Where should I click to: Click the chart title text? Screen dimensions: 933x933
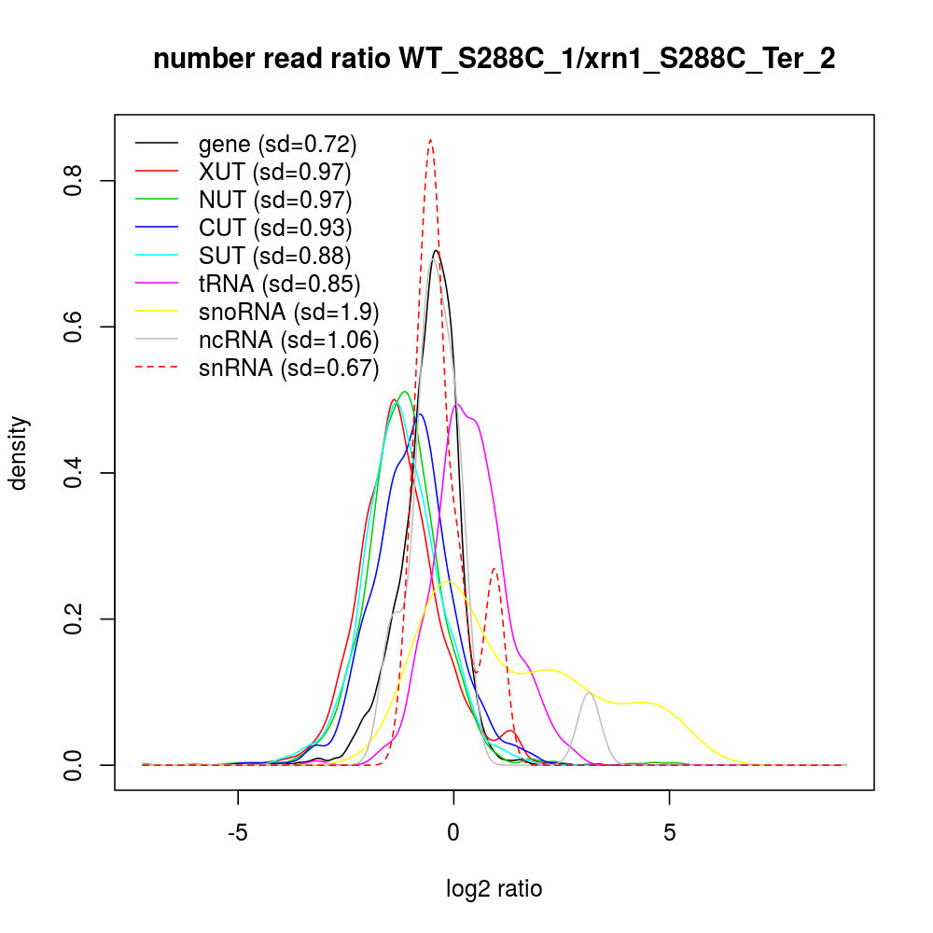tap(494, 59)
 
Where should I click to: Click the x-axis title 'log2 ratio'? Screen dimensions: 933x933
tap(494, 888)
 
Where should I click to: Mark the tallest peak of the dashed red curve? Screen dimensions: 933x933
tap(430, 140)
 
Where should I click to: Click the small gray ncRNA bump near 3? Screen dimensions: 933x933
tap(589, 692)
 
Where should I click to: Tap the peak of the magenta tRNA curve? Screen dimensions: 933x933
tap(457, 404)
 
